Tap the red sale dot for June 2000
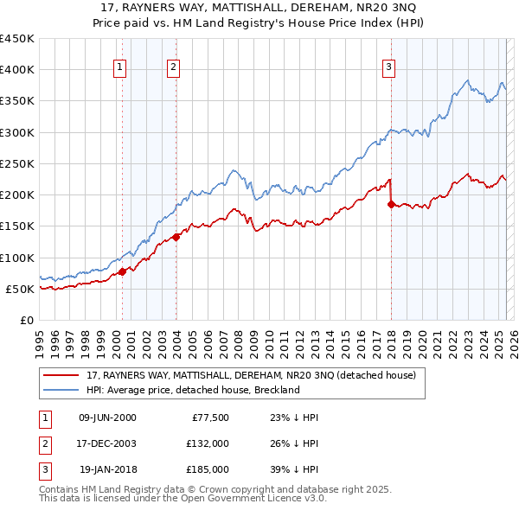(122, 271)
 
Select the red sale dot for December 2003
(176, 237)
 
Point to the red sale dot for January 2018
(391, 204)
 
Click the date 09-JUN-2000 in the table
(107, 418)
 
